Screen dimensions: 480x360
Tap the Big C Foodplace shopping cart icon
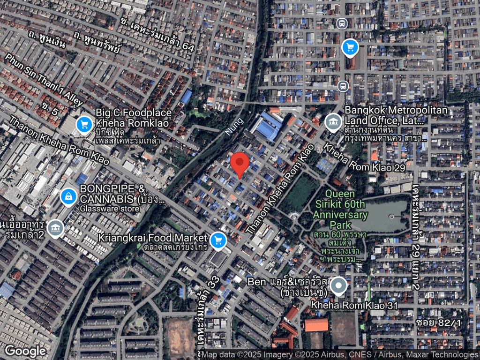point(84,124)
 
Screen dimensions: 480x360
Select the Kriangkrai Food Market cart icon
point(217,240)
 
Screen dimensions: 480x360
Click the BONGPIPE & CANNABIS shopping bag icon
point(69,197)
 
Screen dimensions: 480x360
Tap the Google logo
point(25,351)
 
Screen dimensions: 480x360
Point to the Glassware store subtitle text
point(110,209)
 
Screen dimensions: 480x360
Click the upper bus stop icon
point(342,23)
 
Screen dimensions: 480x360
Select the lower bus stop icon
point(343,86)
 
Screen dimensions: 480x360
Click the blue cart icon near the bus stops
point(350,47)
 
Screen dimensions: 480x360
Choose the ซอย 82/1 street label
point(438,323)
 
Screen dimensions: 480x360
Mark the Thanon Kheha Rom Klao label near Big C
point(59,140)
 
